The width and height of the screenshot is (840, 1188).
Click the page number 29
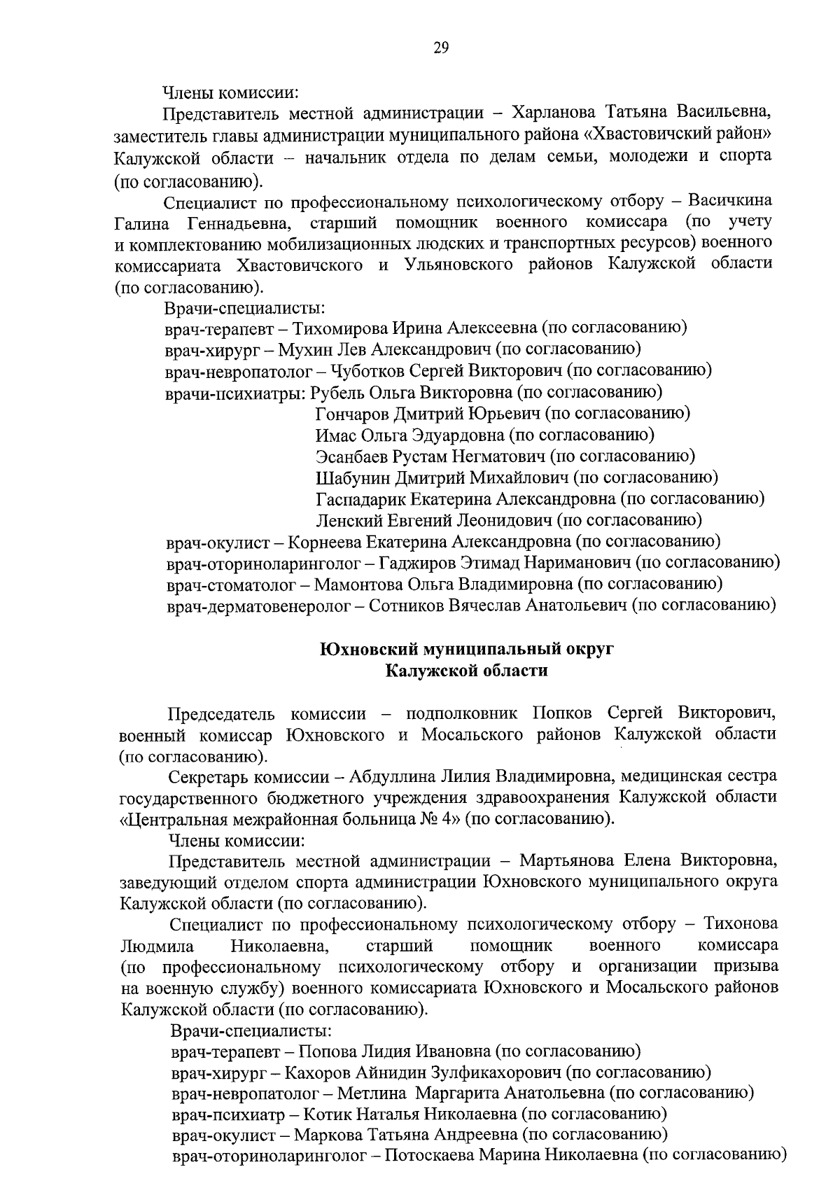[441, 48]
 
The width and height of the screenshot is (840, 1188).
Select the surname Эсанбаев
[350, 456]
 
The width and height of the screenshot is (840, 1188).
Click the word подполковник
[462, 713]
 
